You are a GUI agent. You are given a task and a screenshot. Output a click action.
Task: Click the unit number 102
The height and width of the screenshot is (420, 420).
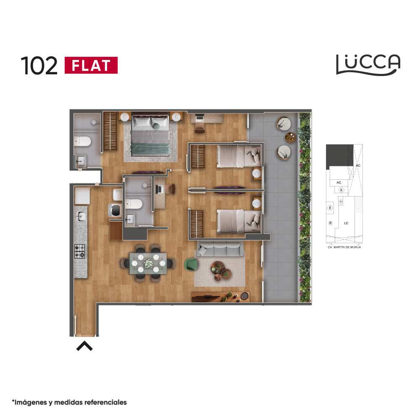click(x=39, y=66)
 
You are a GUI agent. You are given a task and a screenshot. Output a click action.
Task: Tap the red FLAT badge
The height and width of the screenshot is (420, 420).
click(x=91, y=65)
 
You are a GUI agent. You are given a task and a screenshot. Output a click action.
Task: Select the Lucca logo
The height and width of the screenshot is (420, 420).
click(x=368, y=65)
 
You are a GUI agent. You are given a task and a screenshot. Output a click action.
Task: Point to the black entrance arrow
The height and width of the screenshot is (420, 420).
click(x=84, y=346)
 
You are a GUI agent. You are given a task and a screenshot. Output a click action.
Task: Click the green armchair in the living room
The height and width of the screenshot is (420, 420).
click(x=191, y=264)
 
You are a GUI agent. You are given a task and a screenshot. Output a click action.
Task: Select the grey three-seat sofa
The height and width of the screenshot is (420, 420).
click(x=220, y=249)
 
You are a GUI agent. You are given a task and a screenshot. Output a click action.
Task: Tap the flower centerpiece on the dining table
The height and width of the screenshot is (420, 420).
click(x=148, y=264)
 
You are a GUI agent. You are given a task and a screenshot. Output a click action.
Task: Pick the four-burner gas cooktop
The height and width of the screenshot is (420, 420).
click(x=79, y=252)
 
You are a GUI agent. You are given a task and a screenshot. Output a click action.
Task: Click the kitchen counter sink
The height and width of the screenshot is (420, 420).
click(x=81, y=216)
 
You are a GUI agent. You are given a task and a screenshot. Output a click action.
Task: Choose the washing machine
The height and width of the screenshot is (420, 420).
click(x=115, y=210)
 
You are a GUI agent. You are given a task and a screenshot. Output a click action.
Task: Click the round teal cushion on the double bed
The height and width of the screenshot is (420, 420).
click(x=156, y=126)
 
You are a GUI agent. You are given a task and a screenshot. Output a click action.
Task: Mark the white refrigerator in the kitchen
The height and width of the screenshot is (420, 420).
click(x=82, y=196)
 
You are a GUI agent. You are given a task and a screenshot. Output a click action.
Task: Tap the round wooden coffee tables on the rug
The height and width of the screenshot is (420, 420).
click(x=221, y=271)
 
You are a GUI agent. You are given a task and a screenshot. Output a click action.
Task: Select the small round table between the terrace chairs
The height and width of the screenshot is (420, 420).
click(x=290, y=137)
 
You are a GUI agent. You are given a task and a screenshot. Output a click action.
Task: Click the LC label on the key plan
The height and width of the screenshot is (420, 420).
click(x=346, y=223)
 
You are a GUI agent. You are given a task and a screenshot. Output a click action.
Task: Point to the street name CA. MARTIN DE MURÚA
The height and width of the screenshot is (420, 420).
click(x=344, y=247)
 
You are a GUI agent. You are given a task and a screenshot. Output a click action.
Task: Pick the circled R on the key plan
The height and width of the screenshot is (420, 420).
click(x=330, y=223)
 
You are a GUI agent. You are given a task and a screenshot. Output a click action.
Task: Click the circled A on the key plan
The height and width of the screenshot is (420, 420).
click(x=341, y=202)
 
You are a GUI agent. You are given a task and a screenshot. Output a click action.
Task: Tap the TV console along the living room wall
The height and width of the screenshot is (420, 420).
click(x=220, y=297)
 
